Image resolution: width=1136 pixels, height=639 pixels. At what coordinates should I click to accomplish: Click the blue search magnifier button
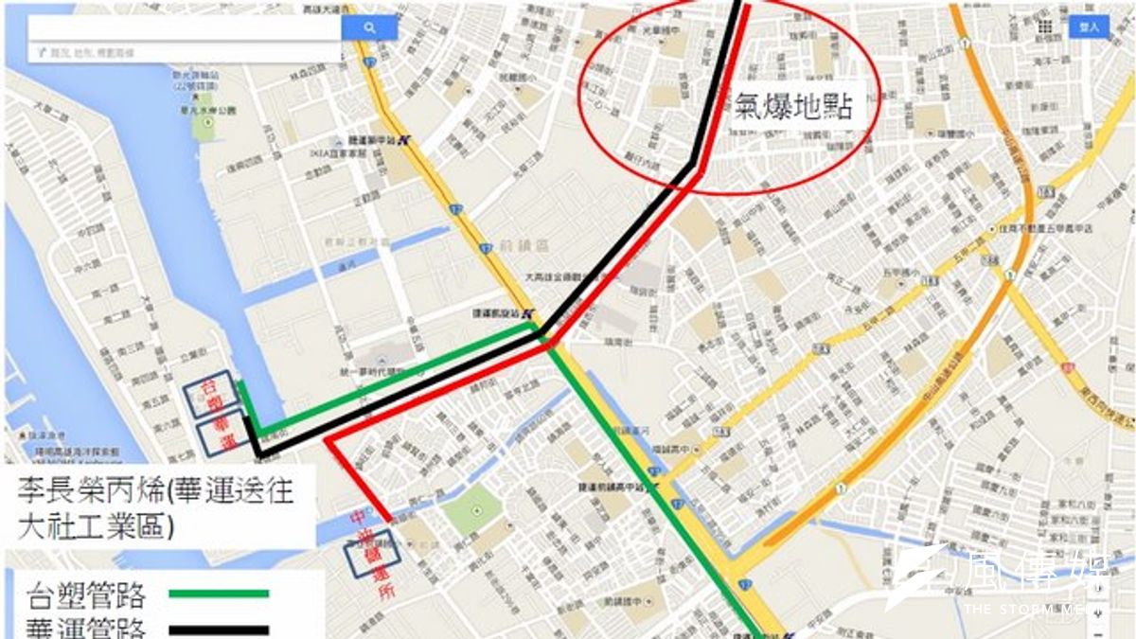[x=369, y=28]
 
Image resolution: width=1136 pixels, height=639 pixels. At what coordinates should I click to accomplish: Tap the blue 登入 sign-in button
[x=1089, y=27]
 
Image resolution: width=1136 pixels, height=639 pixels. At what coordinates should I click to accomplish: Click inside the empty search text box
[x=185, y=28]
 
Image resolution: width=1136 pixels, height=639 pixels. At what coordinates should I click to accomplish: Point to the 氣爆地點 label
[x=793, y=105]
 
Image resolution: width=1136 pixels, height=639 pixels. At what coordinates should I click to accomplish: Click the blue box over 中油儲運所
[x=370, y=558]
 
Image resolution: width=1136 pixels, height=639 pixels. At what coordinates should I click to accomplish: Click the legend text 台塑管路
[x=86, y=596]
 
